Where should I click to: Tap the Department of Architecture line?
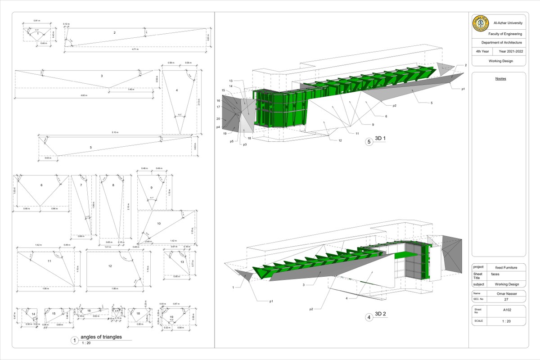(x=505, y=42)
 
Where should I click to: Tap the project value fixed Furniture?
(x=506, y=267)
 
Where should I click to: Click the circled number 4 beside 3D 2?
(x=369, y=317)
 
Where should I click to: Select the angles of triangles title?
(x=101, y=337)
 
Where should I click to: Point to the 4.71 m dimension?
(x=135, y=50)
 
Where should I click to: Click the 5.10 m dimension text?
(x=115, y=133)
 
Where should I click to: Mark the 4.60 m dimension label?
(x=84, y=95)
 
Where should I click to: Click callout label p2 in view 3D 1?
(x=394, y=105)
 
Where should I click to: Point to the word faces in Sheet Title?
(x=495, y=274)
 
